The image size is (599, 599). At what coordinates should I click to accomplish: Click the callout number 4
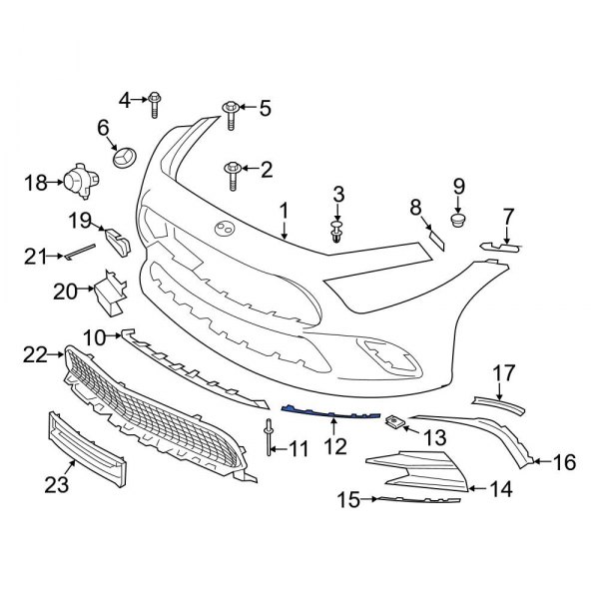click(x=126, y=98)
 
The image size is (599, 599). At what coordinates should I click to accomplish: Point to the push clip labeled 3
click(x=337, y=233)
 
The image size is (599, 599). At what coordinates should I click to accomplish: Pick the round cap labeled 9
click(x=459, y=220)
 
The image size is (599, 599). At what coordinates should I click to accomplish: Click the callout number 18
click(x=36, y=182)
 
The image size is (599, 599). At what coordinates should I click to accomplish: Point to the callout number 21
click(x=36, y=257)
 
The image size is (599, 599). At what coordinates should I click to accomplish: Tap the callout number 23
click(x=54, y=485)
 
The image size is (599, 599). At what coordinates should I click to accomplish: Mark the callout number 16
click(x=565, y=461)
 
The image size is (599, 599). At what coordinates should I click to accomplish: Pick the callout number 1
click(x=284, y=212)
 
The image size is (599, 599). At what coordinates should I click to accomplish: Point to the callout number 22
click(x=36, y=353)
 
